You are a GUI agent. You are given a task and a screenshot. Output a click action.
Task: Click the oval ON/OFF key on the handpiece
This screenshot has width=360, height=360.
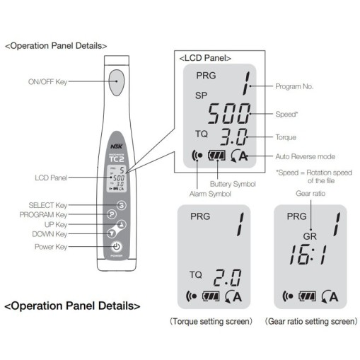(x=117, y=82)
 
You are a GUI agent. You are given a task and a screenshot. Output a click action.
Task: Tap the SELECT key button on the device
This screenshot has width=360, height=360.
(x=122, y=205)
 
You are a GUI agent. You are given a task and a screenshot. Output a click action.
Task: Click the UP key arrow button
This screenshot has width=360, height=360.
(x=122, y=224)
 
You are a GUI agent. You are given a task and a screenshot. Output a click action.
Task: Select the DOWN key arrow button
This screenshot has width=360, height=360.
(x=111, y=233)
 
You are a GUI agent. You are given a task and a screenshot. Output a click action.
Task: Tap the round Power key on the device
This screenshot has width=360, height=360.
(x=117, y=247)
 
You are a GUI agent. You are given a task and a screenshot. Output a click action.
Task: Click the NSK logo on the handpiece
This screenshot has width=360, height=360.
(x=117, y=146)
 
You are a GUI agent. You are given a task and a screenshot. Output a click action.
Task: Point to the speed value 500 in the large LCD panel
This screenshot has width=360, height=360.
(x=229, y=113)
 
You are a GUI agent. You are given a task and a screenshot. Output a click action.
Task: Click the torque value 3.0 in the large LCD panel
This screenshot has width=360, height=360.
(x=233, y=137)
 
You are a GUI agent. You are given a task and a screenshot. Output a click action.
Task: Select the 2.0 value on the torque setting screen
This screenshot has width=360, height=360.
(x=227, y=277)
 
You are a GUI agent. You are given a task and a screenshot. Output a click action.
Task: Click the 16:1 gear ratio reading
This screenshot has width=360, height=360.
(x=308, y=255)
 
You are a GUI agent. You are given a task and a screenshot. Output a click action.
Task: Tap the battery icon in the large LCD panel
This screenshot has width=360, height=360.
(x=216, y=156)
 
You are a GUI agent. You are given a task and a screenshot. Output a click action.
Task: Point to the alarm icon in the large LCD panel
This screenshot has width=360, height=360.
(x=197, y=156)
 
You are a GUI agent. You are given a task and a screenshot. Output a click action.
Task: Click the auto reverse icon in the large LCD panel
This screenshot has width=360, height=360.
(x=239, y=156)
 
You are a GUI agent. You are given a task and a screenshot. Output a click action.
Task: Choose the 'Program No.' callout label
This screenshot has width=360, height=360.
(x=294, y=86)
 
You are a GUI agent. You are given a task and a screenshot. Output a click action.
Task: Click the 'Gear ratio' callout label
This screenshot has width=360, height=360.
(x=310, y=193)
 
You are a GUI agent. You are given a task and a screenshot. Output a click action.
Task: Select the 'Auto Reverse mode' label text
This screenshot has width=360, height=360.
(x=306, y=156)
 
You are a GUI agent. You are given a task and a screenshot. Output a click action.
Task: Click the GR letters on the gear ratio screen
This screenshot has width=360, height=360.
(x=310, y=236)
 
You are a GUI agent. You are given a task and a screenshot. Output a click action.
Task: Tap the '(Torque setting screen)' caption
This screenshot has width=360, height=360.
(x=211, y=321)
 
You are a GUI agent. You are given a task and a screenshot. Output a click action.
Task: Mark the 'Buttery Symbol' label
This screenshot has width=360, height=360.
(x=233, y=184)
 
